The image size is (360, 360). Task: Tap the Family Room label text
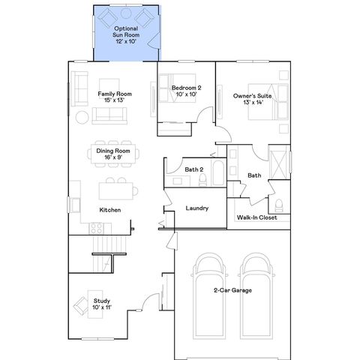click(115, 97)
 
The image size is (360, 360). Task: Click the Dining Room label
click(113, 154)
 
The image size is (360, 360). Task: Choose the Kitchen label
click(110, 210)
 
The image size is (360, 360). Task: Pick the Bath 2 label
click(194, 169)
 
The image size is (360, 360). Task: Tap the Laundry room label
click(196, 208)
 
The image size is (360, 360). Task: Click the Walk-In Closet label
click(257, 217)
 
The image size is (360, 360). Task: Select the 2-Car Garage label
click(232, 290)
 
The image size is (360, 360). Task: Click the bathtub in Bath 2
click(215, 174)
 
